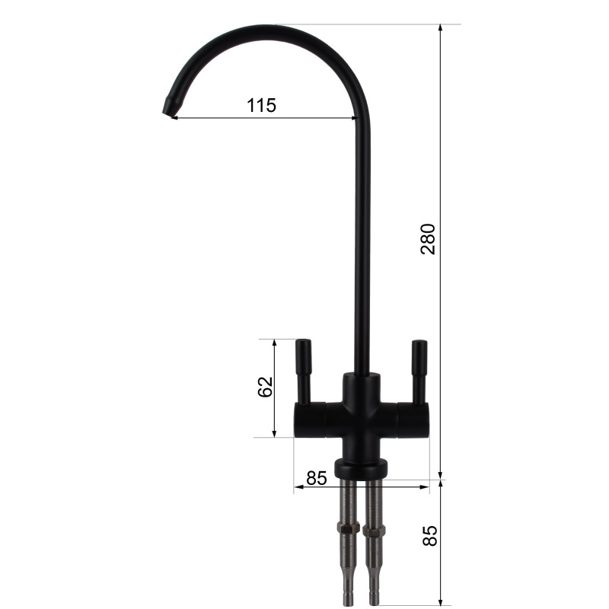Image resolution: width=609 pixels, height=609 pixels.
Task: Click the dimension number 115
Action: (x=261, y=106)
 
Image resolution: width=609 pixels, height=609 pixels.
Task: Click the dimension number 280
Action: (x=428, y=239)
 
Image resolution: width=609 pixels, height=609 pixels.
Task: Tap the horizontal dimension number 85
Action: (x=316, y=478)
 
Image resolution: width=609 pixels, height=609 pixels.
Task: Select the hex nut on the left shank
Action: (x=349, y=528)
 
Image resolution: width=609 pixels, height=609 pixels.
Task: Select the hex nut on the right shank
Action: (x=375, y=528)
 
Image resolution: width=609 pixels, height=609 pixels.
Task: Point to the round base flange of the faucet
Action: (x=362, y=467)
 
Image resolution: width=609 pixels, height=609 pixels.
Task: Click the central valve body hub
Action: (x=362, y=411)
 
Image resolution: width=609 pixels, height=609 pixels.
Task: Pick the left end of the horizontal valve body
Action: (x=299, y=419)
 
